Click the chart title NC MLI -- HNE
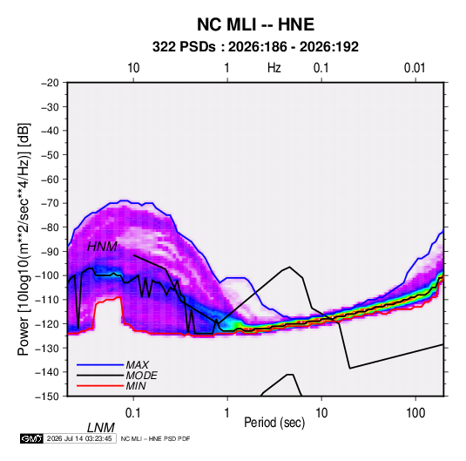pyautogui.click(x=255, y=24)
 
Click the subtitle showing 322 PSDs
pyautogui.click(x=255, y=47)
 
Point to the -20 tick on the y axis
pyautogui.click(x=50, y=83)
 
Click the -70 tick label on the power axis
pyautogui.click(x=50, y=203)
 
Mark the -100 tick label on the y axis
pyautogui.click(x=47, y=275)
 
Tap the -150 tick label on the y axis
pyautogui.click(x=47, y=397)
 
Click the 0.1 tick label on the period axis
pyautogui.click(x=133, y=413)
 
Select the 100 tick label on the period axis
pyautogui.click(x=415, y=413)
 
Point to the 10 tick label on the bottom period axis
pyautogui.click(x=321, y=413)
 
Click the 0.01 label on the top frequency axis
pyautogui.click(x=415, y=68)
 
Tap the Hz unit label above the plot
pyautogui.click(x=274, y=68)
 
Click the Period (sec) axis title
pyautogui.click(x=274, y=423)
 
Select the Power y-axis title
pyautogui.click(x=24, y=240)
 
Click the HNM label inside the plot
pyautogui.click(x=102, y=247)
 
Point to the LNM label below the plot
pyautogui.click(x=100, y=428)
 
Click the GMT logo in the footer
pyautogui.click(x=31, y=438)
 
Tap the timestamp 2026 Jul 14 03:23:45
pyautogui.click(x=79, y=438)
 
